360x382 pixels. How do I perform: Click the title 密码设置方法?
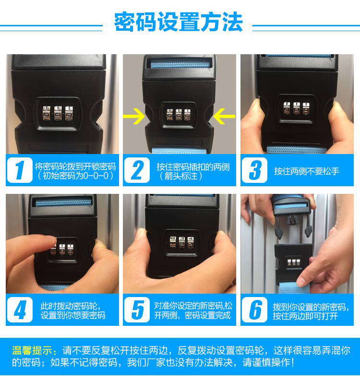point(179,22)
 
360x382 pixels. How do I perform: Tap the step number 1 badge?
point(20,170)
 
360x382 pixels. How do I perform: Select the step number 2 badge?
point(137,170)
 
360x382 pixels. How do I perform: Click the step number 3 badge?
point(254,170)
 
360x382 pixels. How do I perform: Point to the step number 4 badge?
point(20,310)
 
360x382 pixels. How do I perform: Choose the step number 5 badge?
point(137,310)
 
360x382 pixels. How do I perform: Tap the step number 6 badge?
point(254,310)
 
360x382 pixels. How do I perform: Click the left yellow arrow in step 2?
point(134,116)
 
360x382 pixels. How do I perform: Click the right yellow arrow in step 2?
point(224,116)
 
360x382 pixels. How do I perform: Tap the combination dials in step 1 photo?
point(58,113)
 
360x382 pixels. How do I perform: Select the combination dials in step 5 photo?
point(182,242)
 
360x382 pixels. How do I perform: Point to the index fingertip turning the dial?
point(52,240)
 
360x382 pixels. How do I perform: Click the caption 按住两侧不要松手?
point(306,171)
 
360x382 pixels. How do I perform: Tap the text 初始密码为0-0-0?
point(75,176)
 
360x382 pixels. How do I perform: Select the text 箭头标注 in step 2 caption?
point(181,176)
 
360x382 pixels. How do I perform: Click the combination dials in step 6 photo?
point(294,263)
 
